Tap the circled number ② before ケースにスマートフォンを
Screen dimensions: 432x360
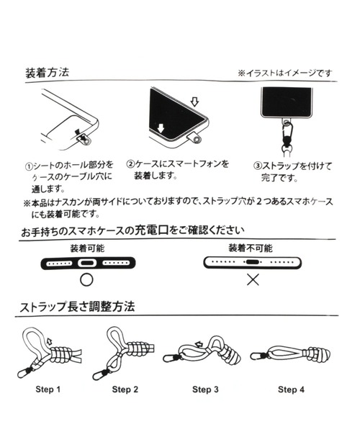click(130, 164)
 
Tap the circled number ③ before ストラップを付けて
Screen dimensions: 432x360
click(257, 166)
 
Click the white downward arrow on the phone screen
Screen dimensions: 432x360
click(161, 129)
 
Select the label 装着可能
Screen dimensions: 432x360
click(87, 248)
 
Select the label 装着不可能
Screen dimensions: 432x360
click(252, 248)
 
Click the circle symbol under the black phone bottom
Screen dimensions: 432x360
click(87, 280)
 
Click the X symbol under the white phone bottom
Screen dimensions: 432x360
click(253, 280)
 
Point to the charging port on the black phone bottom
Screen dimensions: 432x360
click(87, 264)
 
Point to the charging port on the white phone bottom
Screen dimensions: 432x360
click(252, 264)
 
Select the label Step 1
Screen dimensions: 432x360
click(48, 390)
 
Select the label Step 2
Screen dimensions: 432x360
click(125, 390)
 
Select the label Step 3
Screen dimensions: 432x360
click(206, 390)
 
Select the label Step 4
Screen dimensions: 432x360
click(292, 390)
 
